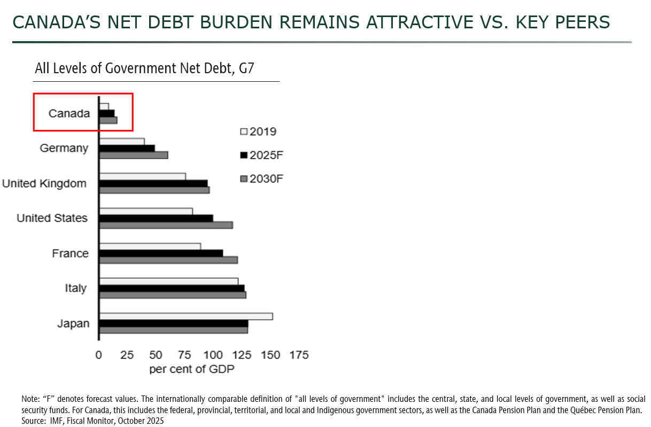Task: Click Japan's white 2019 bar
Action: click(x=186, y=316)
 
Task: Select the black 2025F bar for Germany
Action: click(x=127, y=148)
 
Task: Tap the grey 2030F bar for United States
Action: click(x=166, y=225)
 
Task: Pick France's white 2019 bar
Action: click(x=150, y=246)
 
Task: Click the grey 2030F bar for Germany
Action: click(x=134, y=155)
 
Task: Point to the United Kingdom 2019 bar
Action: click(x=143, y=176)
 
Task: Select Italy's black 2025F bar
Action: click(x=172, y=288)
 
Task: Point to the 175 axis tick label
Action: click(x=298, y=355)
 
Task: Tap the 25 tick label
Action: click(x=127, y=355)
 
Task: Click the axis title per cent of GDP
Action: click(x=192, y=369)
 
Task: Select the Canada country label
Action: click(x=69, y=113)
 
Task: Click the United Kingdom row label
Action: click(x=44, y=183)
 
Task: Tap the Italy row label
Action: click(x=76, y=288)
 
